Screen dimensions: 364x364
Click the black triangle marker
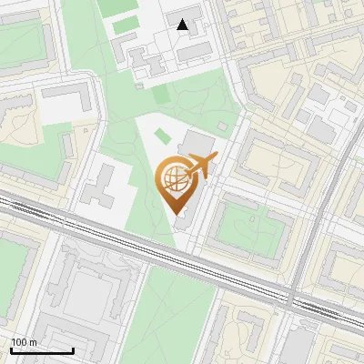click(x=184, y=25)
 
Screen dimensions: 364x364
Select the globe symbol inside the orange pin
click(x=173, y=179)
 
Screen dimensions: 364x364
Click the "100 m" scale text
click(x=24, y=342)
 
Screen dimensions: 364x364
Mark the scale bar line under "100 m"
click(x=41, y=349)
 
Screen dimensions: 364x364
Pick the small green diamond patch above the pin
click(x=162, y=136)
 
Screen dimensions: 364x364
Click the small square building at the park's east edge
click(x=223, y=126)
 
